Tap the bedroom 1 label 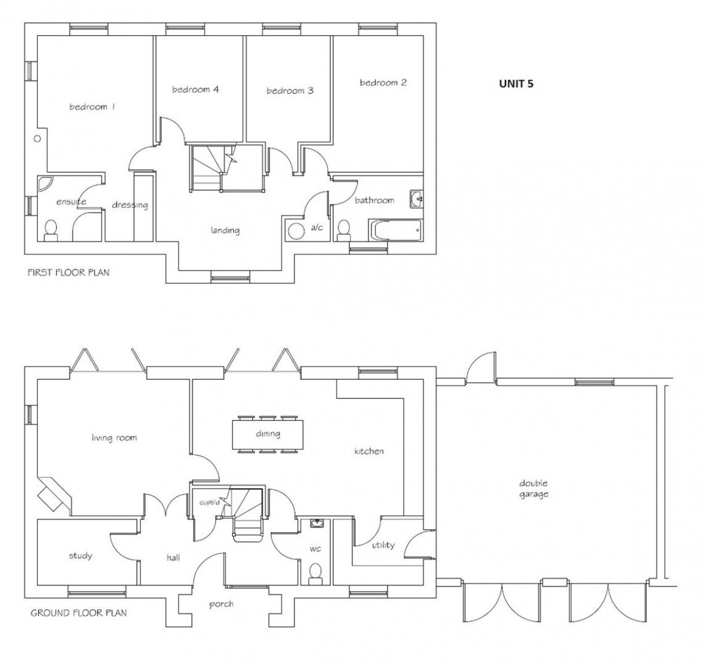coord(92,107)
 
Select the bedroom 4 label coord(196,90)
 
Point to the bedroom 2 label coord(383,82)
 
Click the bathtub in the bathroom coord(395,230)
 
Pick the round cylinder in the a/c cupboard coord(296,231)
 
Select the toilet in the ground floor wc coord(315,574)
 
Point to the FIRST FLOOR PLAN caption coord(68,273)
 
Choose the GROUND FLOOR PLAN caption coord(78,614)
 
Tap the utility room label coord(382,545)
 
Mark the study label coord(80,556)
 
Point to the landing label coord(226,230)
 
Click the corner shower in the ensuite coord(45,184)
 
